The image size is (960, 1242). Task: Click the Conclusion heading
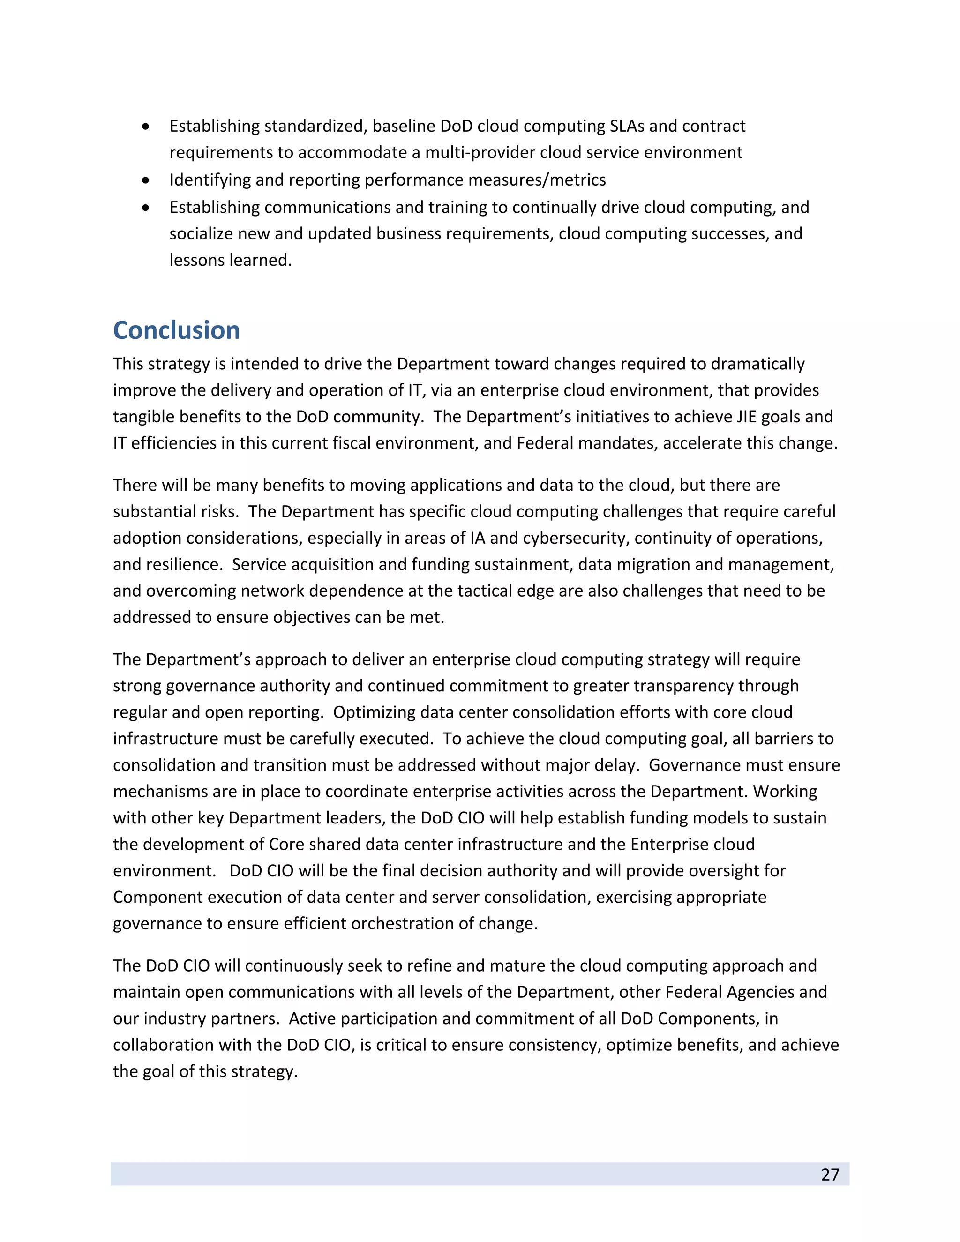click(176, 330)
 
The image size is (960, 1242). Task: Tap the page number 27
click(830, 1175)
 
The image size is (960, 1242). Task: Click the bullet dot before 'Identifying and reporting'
click(146, 180)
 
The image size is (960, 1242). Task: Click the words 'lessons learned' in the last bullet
click(230, 260)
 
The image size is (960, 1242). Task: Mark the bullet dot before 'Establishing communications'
click(146, 208)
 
